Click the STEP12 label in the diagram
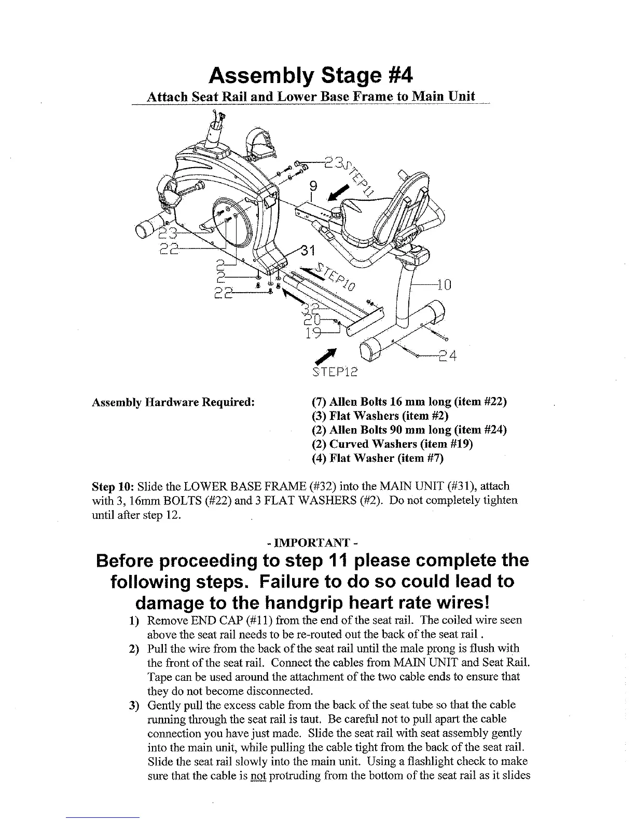pyautogui.click(x=337, y=373)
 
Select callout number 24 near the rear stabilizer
pyautogui.click(x=447, y=356)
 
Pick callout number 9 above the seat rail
pyautogui.click(x=312, y=186)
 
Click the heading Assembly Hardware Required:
pyautogui.click(x=173, y=402)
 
